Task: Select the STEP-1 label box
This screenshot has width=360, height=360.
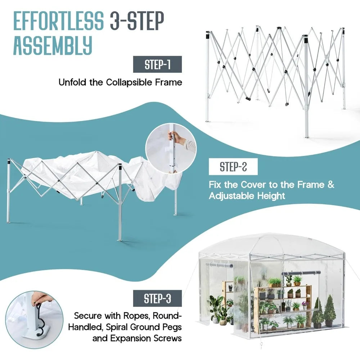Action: tap(157, 65)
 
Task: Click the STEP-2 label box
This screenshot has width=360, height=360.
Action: tap(233, 167)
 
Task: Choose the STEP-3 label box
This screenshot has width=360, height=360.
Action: tap(157, 299)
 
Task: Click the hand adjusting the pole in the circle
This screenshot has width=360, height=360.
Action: tap(176, 137)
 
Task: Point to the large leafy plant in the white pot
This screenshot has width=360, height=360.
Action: tap(217, 306)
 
